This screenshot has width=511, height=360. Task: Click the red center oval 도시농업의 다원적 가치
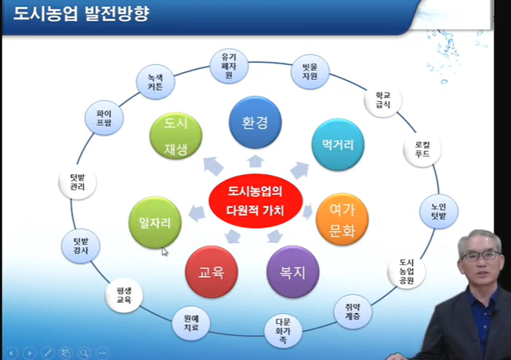click(255, 201)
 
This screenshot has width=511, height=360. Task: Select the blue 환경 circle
click(255, 122)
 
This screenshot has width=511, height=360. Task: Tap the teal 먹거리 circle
click(338, 144)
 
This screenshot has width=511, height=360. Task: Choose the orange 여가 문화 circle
click(342, 219)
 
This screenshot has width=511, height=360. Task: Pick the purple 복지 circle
click(293, 272)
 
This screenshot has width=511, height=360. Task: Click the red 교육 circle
click(212, 272)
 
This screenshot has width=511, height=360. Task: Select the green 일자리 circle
click(155, 223)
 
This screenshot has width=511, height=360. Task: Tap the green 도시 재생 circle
click(176, 136)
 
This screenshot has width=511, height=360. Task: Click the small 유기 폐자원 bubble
click(229, 66)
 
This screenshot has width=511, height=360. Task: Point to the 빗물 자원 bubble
click(310, 71)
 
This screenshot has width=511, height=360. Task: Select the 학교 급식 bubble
click(383, 100)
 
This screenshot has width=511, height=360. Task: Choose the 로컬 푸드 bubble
click(422, 149)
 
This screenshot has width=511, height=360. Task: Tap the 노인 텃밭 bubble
click(439, 211)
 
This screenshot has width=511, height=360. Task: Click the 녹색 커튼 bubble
click(155, 82)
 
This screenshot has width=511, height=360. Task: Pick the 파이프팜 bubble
click(104, 118)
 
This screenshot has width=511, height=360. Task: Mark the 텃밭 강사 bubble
click(81, 245)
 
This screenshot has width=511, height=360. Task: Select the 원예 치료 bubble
click(191, 323)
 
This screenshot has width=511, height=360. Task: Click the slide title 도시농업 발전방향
click(82, 13)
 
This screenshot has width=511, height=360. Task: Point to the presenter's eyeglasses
click(480, 256)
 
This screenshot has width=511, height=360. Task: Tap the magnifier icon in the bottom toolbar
click(84, 353)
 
